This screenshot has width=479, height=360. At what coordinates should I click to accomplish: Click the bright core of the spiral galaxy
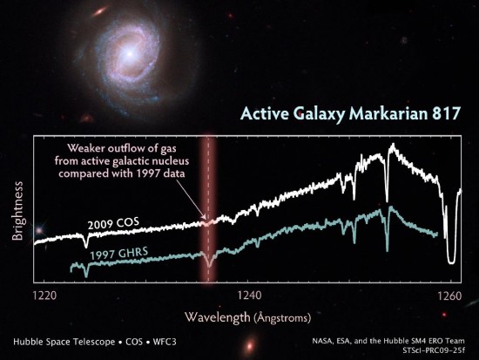click(x=130, y=54)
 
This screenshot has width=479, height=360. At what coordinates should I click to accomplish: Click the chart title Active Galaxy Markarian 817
click(x=350, y=114)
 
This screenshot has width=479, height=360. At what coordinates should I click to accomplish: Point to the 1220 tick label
click(x=44, y=295)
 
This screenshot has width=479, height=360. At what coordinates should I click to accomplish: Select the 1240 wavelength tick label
click(x=250, y=295)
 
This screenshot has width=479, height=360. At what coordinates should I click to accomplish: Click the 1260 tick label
click(x=450, y=295)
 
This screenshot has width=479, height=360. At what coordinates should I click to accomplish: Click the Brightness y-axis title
click(x=17, y=211)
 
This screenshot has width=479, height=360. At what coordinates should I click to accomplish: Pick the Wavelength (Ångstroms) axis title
click(x=247, y=317)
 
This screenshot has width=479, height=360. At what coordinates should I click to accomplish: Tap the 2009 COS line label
click(x=113, y=224)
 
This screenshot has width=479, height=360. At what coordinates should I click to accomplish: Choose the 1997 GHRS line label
click(x=118, y=254)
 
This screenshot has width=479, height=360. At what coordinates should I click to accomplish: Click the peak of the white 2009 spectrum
click(x=393, y=145)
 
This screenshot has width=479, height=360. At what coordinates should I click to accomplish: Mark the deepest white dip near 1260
click(x=451, y=262)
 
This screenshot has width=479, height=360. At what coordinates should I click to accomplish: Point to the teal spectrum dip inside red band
click(x=209, y=265)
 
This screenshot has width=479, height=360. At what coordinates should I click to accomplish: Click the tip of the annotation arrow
click(x=206, y=219)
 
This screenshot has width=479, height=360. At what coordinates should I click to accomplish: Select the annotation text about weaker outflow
click(x=122, y=161)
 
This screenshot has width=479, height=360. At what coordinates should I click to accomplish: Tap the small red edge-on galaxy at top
click(x=99, y=11)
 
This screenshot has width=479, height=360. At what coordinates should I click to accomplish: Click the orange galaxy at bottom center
click(x=250, y=346)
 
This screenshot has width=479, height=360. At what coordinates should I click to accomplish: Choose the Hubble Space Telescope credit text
click(x=95, y=342)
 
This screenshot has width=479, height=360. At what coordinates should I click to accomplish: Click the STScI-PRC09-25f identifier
click(x=434, y=350)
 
